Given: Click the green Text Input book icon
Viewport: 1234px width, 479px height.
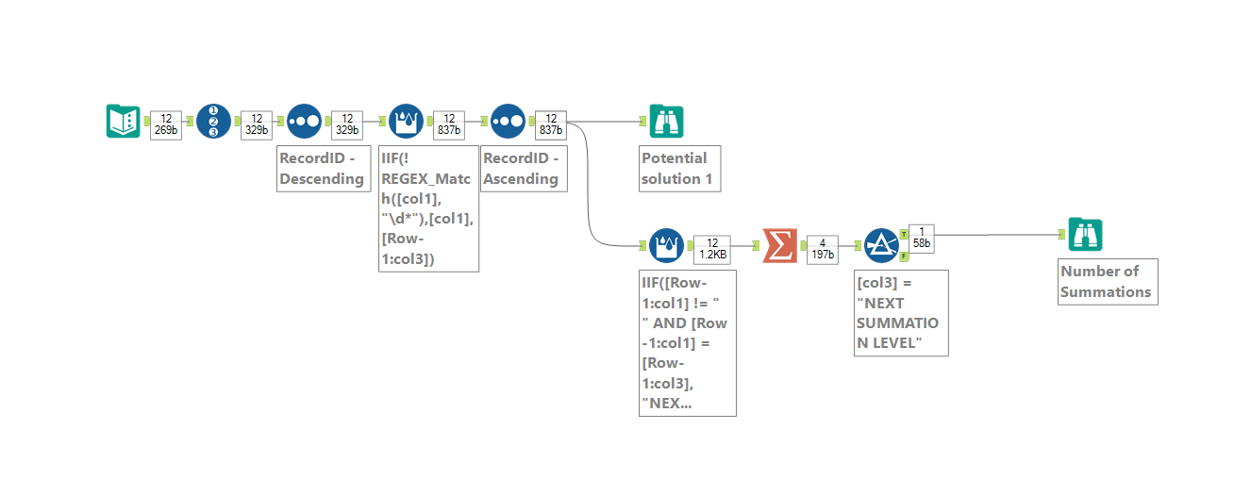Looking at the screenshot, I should coord(123,122).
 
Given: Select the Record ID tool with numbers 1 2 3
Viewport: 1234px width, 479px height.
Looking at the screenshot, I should coord(213,122).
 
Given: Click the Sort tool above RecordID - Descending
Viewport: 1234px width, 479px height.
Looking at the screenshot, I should coord(304,122).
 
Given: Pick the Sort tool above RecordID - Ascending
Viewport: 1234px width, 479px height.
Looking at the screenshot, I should coord(508,122).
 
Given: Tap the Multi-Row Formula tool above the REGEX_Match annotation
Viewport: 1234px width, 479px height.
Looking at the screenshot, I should coord(406,122).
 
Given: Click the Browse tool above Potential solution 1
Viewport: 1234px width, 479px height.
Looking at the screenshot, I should coord(667,122).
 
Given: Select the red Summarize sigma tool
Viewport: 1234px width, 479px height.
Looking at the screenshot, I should coord(779,246).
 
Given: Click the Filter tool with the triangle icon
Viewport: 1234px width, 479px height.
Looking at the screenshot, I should coord(881,246).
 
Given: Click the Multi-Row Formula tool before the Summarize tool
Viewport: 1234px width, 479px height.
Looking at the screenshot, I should coord(666,246).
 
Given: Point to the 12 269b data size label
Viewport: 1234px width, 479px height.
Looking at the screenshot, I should coord(166,124).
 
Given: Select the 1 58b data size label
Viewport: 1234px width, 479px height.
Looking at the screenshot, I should coord(922,238).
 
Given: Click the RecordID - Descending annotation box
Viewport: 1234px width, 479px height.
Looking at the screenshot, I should coord(321,168).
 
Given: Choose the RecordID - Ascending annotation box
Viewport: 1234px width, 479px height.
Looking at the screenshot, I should coord(524,168).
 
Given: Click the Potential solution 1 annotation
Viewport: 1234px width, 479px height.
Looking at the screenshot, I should coord(679,168).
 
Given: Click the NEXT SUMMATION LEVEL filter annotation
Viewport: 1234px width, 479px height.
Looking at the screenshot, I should coord(900,313).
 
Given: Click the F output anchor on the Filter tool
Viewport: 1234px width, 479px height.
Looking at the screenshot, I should coord(904,257).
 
